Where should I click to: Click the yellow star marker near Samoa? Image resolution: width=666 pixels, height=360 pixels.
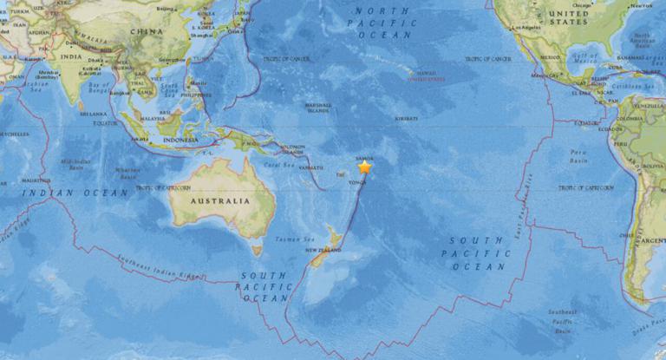pyautogui.click(x=365, y=167)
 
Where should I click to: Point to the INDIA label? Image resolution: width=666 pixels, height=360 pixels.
pyautogui.click(x=71, y=57)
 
